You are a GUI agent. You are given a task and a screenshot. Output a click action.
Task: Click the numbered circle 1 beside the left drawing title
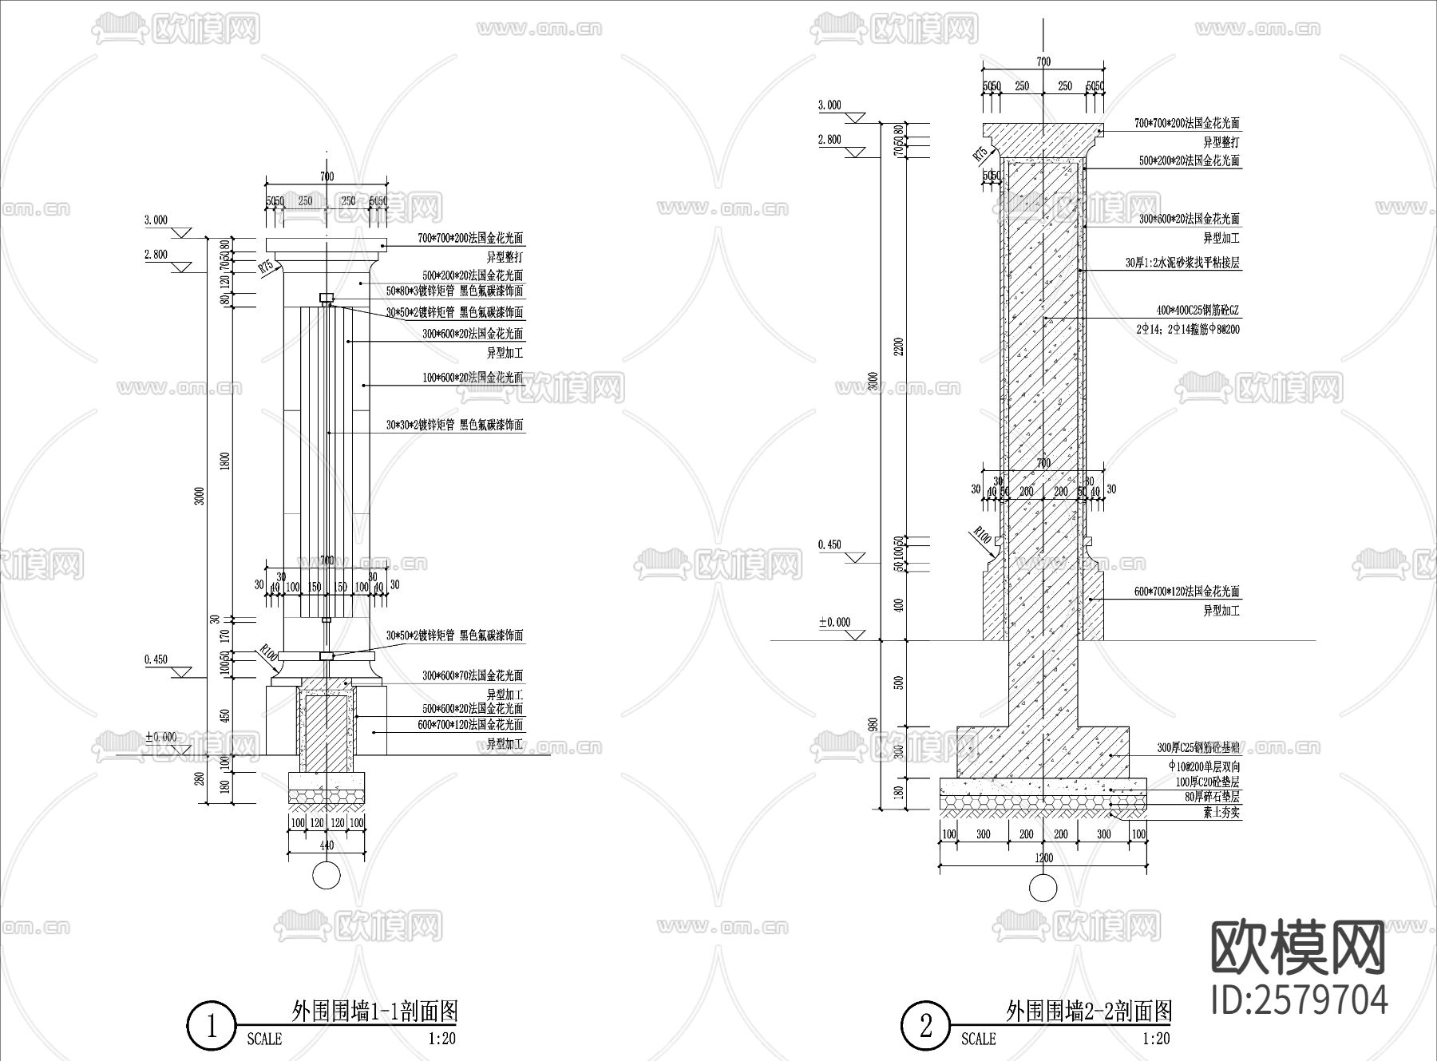(x=212, y=1026)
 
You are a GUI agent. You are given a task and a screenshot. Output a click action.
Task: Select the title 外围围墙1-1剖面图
(x=374, y=1012)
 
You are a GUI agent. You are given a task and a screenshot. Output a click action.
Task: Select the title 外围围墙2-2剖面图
(x=1088, y=1012)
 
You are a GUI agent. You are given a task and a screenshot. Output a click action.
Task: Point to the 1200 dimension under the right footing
(x=1043, y=858)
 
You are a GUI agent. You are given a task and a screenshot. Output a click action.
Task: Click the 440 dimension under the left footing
(x=327, y=845)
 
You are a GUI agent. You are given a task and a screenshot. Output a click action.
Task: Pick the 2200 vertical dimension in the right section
(x=900, y=346)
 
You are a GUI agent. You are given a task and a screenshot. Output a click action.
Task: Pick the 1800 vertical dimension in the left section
(x=225, y=461)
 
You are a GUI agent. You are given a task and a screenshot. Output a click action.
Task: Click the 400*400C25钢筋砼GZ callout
(x=1197, y=311)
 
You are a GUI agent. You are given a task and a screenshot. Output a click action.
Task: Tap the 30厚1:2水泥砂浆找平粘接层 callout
(x=1182, y=262)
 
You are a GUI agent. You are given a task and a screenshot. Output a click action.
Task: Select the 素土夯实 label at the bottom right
(x=1221, y=813)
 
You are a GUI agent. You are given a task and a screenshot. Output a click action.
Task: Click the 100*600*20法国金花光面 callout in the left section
(x=473, y=377)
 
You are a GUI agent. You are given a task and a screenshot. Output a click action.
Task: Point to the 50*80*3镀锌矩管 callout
(x=455, y=291)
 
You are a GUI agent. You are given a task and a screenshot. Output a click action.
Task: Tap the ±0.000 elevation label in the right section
(x=834, y=622)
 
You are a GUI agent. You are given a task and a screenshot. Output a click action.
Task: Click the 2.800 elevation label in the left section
(x=156, y=255)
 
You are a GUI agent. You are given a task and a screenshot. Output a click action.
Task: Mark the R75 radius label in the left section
(x=266, y=267)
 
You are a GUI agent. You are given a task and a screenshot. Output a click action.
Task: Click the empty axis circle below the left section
(x=326, y=876)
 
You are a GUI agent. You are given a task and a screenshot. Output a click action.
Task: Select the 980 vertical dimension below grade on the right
(x=873, y=724)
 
